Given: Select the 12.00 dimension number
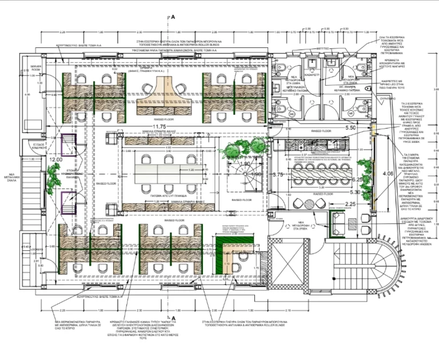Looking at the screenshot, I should pyautogui.click(x=56, y=160).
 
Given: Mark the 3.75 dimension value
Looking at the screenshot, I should pyautogui.click(x=278, y=174).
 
